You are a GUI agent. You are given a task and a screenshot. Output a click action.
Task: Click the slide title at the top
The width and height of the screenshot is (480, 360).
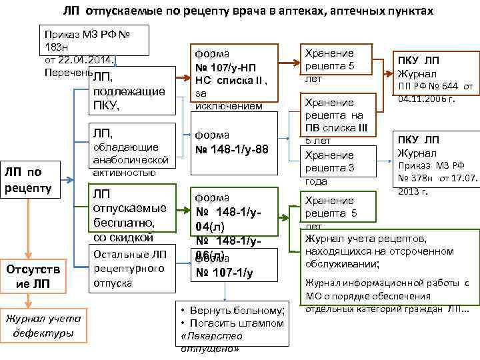coord(248,12)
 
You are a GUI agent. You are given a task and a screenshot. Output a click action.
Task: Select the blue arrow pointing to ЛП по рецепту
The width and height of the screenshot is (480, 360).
coord(70,177)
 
